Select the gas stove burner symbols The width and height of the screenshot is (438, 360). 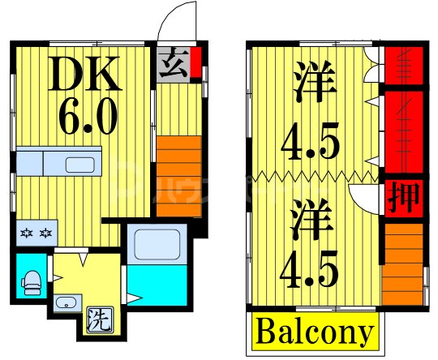tap(36, 234)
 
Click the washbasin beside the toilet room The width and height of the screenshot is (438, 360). tap(65, 304)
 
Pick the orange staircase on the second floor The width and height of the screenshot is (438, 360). tap(402, 259)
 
